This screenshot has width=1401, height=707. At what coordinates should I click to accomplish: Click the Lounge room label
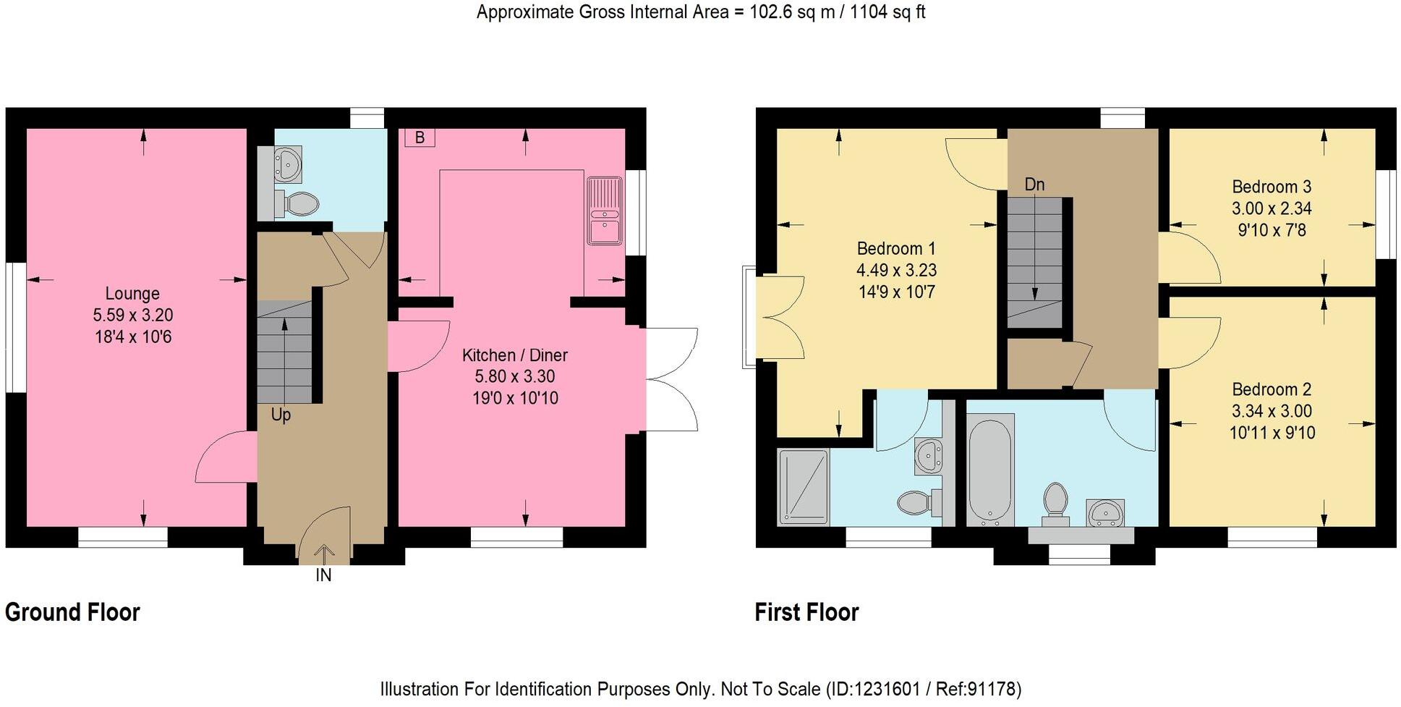pyautogui.click(x=132, y=294)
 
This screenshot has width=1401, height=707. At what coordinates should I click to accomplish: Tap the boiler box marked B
pyautogui.click(x=420, y=137)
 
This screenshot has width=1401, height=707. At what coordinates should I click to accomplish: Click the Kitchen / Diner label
pyautogui.click(x=514, y=355)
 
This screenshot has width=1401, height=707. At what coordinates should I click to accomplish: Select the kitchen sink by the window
pyautogui.click(x=604, y=211)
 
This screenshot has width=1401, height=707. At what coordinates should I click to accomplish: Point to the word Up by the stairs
pyautogui.click(x=281, y=415)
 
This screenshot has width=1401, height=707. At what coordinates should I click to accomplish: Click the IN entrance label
pyautogui.click(x=323, y=575)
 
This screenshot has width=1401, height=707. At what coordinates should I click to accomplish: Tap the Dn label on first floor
pyautogui.click(x=1034, y=185)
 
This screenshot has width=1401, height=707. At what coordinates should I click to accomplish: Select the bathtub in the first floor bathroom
pyautogui.click(x=989, y=470)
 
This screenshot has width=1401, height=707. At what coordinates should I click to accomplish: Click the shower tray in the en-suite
pyautogui.click(x=803, y=486)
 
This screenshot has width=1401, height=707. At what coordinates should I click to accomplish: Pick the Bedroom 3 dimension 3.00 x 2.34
pyautogui.click(x=1272, y=208)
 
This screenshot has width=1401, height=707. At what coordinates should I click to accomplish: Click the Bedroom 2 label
pyautogui.click(x=1272, y=389)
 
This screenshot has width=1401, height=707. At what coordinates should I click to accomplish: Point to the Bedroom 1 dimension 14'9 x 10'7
pyautogui.click(x=896, y=292)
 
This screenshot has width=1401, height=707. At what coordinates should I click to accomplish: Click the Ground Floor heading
pyautogui.click(x=72, y=612)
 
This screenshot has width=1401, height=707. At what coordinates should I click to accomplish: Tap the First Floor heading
pyautogui.click(x=806, y=612)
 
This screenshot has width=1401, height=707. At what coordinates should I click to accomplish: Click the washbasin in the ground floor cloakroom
pyautogui.click(x=288, y=164)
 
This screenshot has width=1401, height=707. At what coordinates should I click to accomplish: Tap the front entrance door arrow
pyautogui.click(x=324, y=554)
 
